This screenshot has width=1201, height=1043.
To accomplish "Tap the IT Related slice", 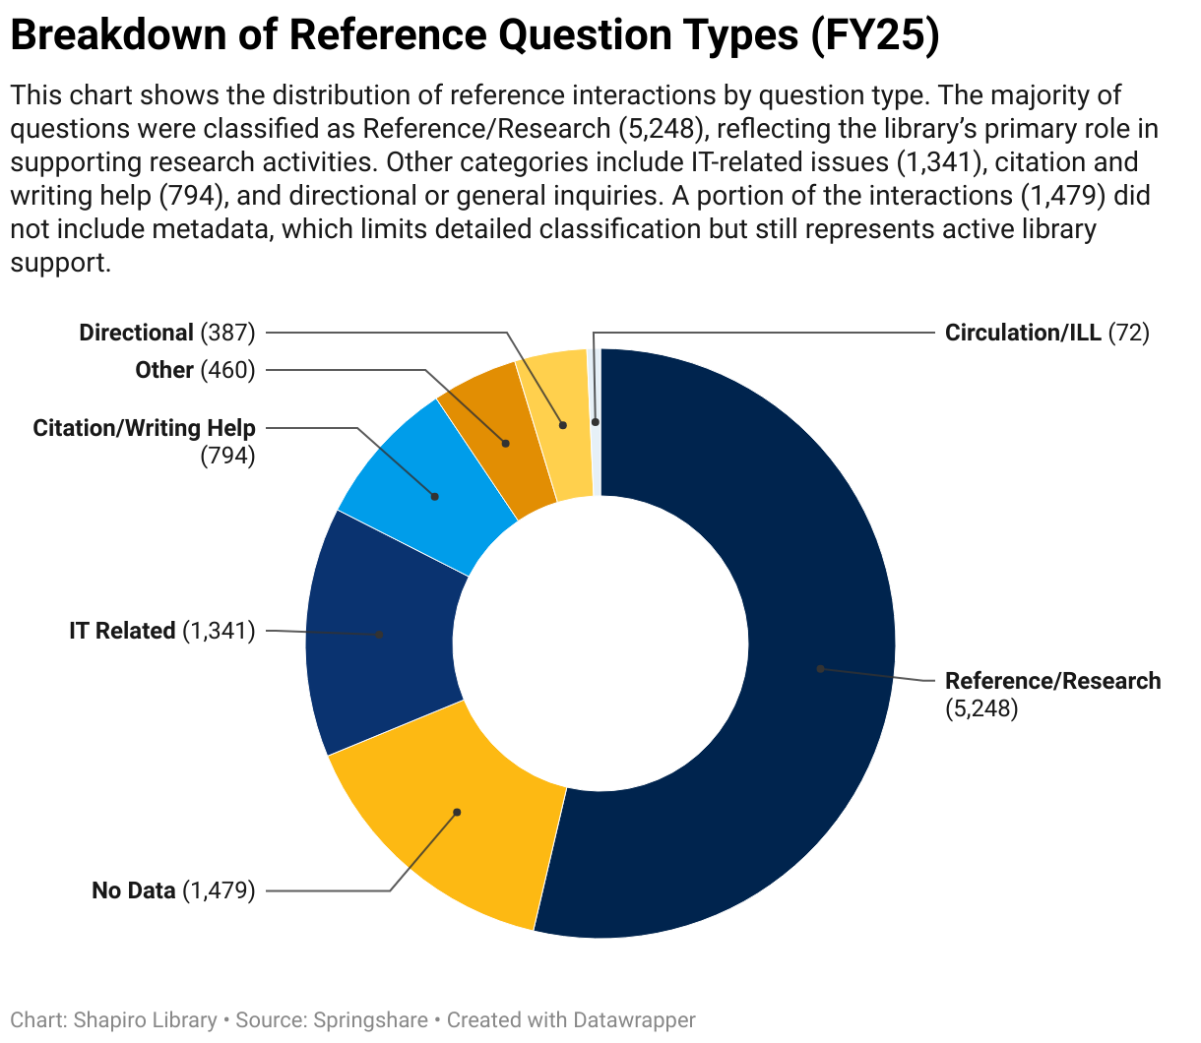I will pyautogui.click(x=380, y=635).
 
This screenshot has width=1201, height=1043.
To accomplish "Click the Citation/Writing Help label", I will pyautogui.click(x=144, y=428).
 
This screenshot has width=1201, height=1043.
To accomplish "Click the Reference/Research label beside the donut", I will pyautogui.click(x=1052, y=681).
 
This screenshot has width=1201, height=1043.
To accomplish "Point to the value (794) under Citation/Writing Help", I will pyautogui.click(x=227, y=456).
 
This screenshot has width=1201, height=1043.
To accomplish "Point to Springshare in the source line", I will pyautogui.click(x=371, y=1020).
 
